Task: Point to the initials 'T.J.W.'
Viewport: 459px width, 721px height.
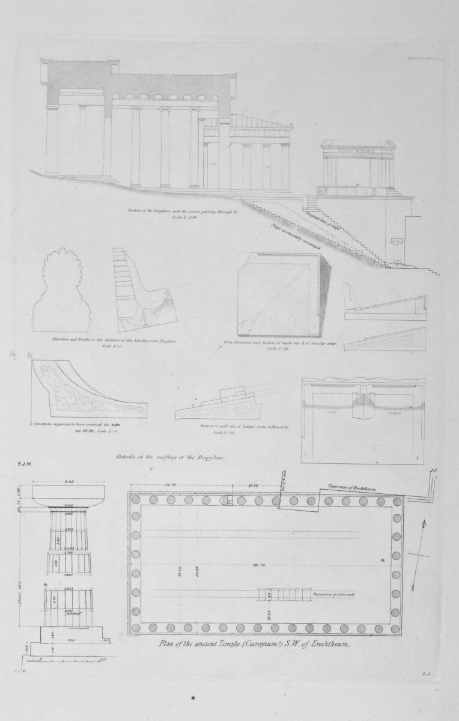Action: (x=25, y=464)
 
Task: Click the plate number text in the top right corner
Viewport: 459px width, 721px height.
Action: (x=423, y=58)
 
